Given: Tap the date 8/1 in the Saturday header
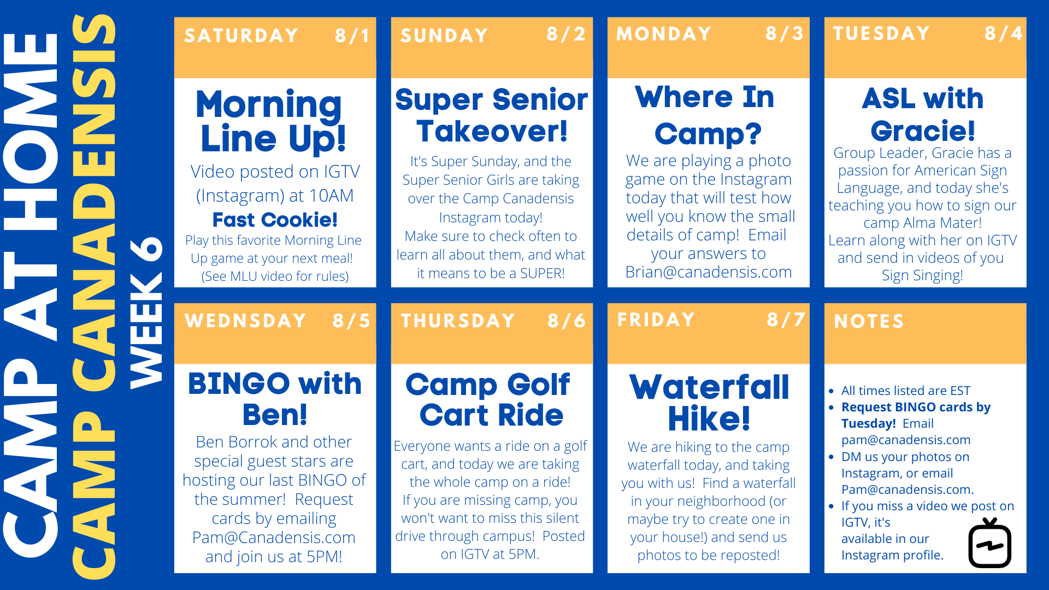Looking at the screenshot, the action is (x=352, y=36).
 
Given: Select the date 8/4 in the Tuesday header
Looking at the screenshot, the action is (x=1004, y=34).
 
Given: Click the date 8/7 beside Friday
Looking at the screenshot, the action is (x=786, y=320).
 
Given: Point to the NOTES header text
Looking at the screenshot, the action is (x=869, y=321).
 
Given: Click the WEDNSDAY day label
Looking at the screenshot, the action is (x=245, y=321).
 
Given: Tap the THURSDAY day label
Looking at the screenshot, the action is (x=458, y=321).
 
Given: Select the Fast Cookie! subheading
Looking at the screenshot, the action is (x=275, y=220).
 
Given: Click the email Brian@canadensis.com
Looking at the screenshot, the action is (x=709, y=272).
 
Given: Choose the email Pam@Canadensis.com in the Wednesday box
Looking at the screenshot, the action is (x=274, y=538).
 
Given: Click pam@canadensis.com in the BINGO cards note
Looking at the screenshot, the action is (x=906, y=440).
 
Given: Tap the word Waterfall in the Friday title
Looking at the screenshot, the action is (x=709, y=387).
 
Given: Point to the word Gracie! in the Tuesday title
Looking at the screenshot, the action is (x=923, y=131).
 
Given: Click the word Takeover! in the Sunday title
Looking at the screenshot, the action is (x=492, y=132).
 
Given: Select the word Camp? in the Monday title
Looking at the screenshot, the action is (x=708, y=134).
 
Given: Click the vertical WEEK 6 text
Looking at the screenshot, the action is (x=146, y=312).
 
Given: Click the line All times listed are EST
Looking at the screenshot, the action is (x=906, y=391).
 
